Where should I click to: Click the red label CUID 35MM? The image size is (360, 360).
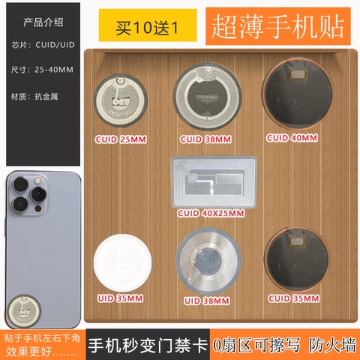pyautogui.click(x=294, y=298)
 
